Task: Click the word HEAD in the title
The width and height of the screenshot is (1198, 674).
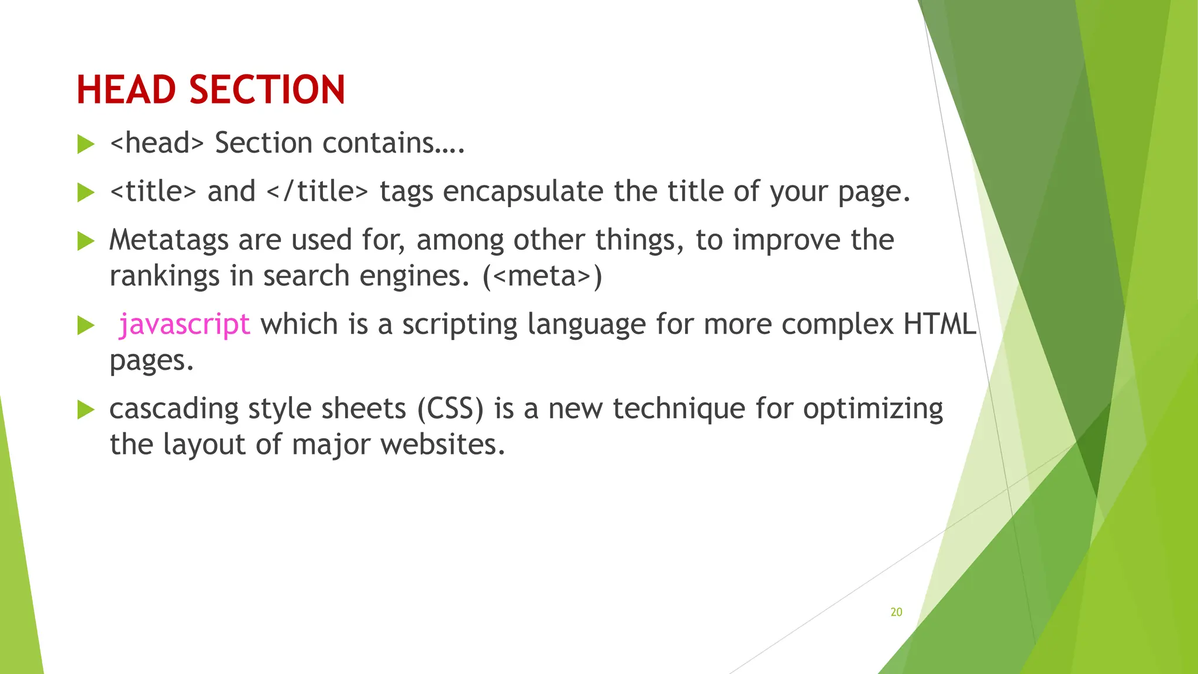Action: (126, 90)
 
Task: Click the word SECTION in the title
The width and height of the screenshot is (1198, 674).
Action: (267, 90)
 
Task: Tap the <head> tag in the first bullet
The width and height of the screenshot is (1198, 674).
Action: (157, 143)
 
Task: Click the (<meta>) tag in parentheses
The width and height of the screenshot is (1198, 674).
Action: (542, 276)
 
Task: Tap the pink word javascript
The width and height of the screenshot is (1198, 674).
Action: (184, 325)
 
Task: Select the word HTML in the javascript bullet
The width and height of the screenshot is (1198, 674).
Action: (939, 324)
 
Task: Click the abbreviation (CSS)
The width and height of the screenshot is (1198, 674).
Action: (450, 408)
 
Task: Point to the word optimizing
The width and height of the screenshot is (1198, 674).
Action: (873, 409)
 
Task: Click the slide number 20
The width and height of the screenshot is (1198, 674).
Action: (896, 612)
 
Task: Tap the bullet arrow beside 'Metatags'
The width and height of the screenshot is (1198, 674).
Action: (85, 240)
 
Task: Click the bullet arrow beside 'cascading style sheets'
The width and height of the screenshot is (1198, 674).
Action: (85, 410)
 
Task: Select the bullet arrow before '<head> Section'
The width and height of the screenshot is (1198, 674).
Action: (85, 144)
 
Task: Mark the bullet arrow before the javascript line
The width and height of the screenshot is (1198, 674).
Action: (85, 325)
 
